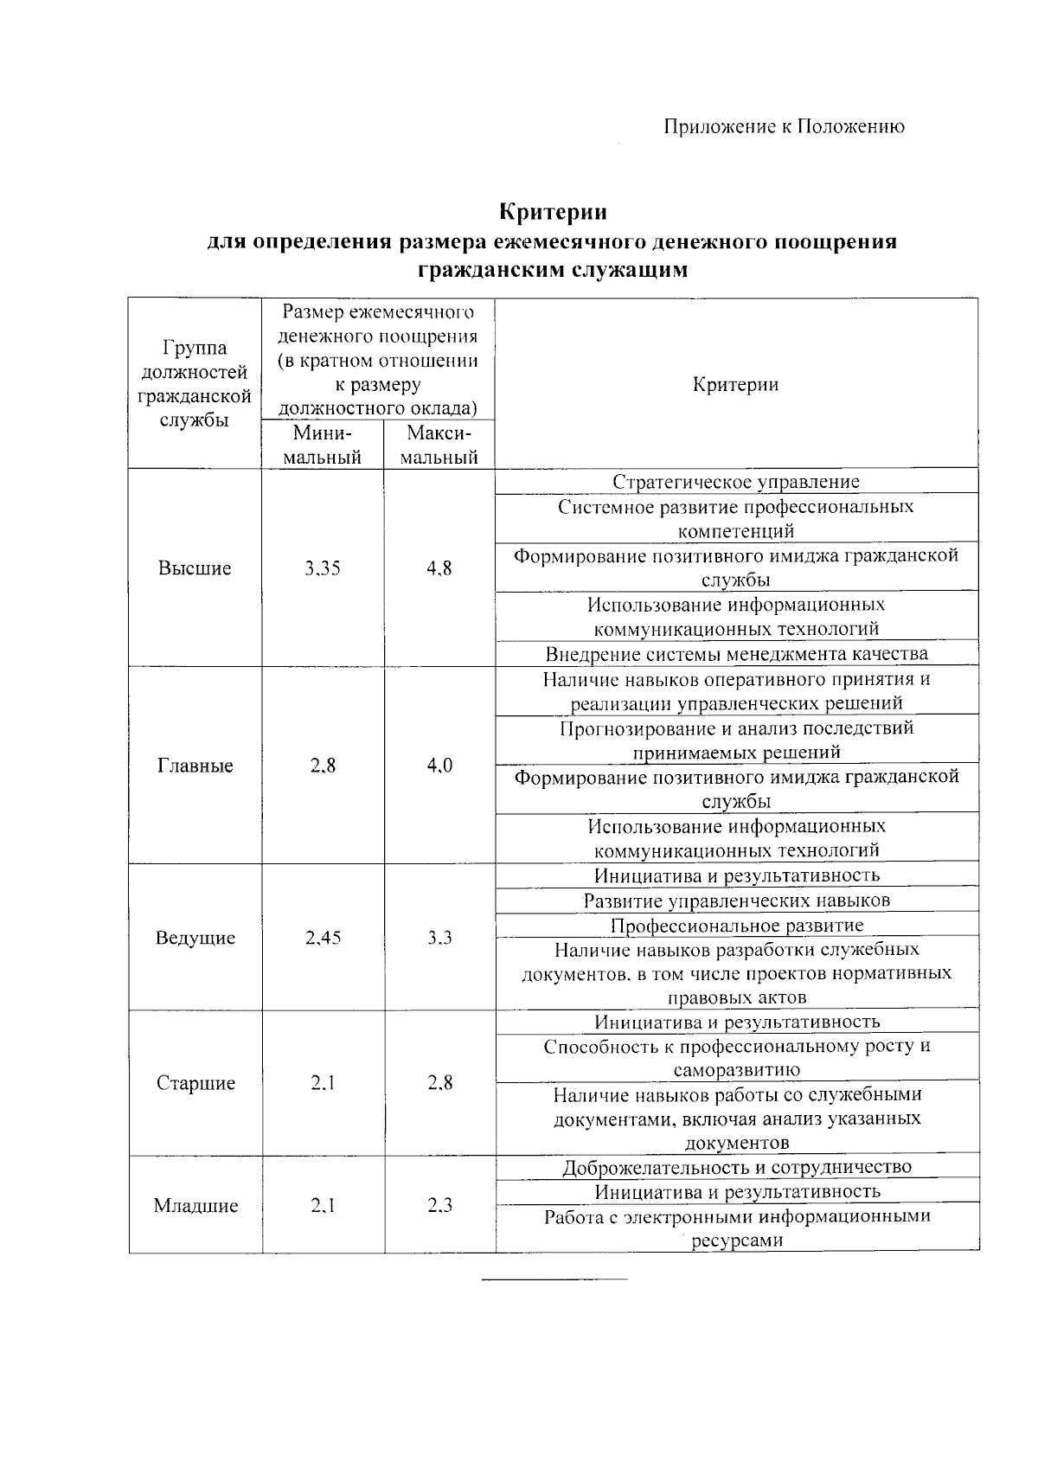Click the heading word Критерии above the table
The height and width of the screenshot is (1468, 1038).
(x=554, y=212)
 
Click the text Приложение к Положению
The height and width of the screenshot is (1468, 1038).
(x=784, y=126)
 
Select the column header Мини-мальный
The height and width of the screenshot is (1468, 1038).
(x=323, y=445)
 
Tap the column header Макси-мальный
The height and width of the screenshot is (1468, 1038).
(x=439, y=445)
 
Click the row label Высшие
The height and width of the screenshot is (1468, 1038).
(x=195, y=568)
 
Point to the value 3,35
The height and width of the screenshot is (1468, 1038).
(x=323, y=568)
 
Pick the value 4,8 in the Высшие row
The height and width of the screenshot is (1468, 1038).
(x=439, y=568)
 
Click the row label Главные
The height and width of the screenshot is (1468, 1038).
(x=195, y=766)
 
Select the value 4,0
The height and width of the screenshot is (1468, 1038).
(x=439, y=766)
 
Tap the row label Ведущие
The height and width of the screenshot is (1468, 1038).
(x=195, y=938)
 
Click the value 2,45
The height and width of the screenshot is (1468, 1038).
(x=323, y=938)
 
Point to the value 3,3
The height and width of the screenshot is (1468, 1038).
(x=439, y=938)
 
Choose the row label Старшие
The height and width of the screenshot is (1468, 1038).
(x=195, y=1083)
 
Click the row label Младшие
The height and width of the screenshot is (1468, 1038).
(x=195, y=1206)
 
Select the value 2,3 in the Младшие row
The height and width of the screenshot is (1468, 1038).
(x=439, y=1206)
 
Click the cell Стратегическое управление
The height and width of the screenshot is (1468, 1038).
(x=736, y=482)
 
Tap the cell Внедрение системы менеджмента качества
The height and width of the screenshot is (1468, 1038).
(x=736, y=654)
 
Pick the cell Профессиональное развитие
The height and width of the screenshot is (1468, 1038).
(x=736, y=926)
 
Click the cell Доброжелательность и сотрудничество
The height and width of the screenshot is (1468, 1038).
(x=736, y=1167)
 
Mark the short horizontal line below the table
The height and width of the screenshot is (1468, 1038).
(x=554, y=1279)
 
